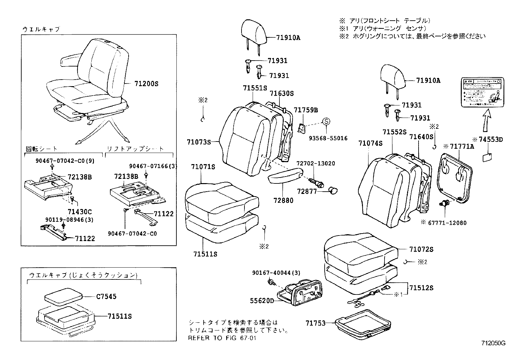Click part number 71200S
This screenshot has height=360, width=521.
pyautogui.click(x=146, y=84)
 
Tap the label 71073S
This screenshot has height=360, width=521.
pyautogui.click(x=199, y=142)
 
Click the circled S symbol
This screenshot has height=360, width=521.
pyautogui.click(x=326, y=122)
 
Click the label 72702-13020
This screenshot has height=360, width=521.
pyautogui.click(x=316, y=163)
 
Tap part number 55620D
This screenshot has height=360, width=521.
pyautogui.click(x=262, y=300)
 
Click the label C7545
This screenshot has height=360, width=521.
pyautogui.click(x=106, y=296)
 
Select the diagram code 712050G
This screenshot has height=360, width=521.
pyautogui.click(x=493, y=343)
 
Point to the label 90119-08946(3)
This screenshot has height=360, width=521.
pyautogui.click(x=69, y=220)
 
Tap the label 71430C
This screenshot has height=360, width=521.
pyautogui.click(x=80, y=212)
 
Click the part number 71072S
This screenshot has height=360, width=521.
pyautogui.click(x=421, y=249)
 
